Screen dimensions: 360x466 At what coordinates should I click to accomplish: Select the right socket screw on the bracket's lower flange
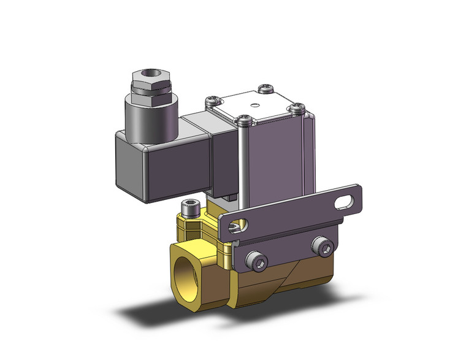coord(324,247)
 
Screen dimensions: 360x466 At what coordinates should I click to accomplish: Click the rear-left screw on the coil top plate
coord(214,97)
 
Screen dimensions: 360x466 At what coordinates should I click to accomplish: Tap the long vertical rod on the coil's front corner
coord(245,166)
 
